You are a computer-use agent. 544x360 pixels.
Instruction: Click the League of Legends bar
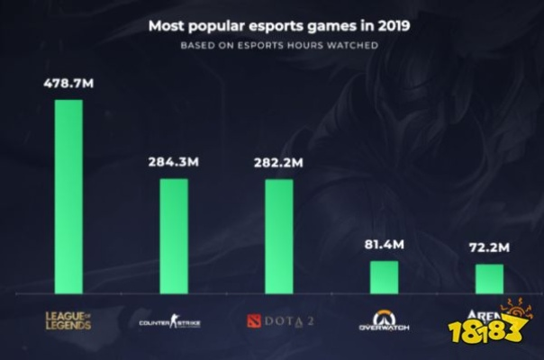(x=68, y=196)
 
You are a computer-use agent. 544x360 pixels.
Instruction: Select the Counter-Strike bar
(x=174, y=236)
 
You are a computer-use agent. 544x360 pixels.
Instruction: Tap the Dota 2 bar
(x=278, y=236)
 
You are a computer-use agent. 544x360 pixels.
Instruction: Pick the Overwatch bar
(x=384, y=277)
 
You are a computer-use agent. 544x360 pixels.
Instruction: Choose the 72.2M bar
(x=489, y=279)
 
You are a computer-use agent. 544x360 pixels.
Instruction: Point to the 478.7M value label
(x=68, y=84)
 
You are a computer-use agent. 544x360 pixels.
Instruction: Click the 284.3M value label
(x=174, y=163)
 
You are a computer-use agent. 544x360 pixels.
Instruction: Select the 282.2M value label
(x=278, y=163)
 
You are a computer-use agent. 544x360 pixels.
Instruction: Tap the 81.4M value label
(x=384, y=245)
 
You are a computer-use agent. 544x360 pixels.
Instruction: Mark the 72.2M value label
(x=489, y=247)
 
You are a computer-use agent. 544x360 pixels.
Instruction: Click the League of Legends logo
(x=68, y=319)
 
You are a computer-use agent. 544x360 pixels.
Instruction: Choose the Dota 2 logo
(x=278, y=319)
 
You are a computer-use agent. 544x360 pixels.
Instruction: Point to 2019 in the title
(x=394, y=26)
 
